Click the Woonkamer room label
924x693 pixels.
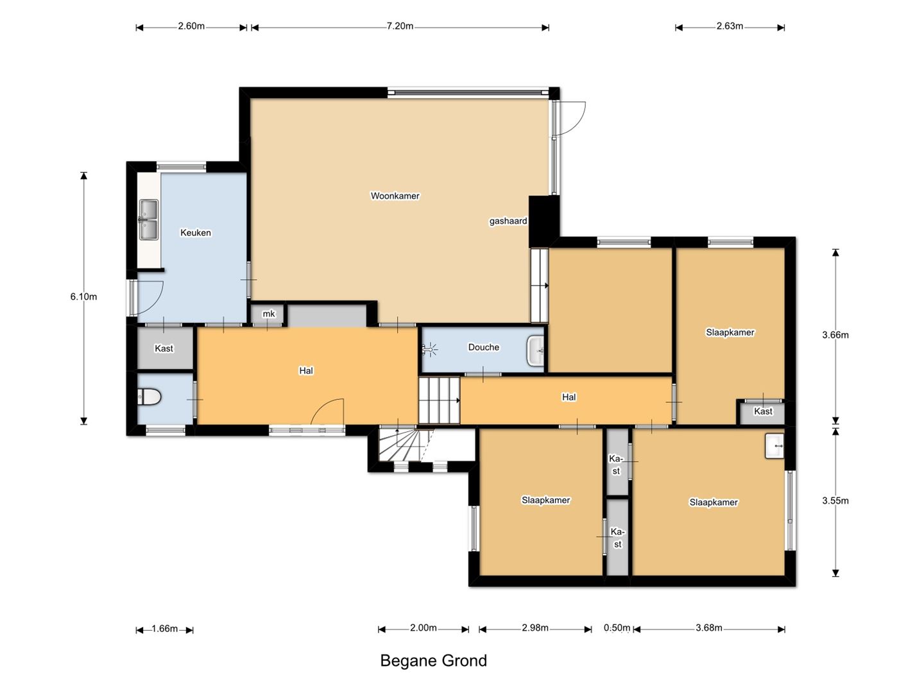pos(395,196)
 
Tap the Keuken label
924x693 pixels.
pos(195,233)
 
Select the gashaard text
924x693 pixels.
pos(508,221)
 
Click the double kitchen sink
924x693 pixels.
pos(149,219)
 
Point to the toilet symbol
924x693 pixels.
pos(149,397)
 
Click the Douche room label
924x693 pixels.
pos(484,347)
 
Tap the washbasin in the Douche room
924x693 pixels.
pos(535,350)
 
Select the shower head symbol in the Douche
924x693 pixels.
pos(430,349)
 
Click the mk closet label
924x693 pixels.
pos(269,314)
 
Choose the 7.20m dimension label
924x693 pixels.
pos(400,26)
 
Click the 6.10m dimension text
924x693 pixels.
pos(83,296)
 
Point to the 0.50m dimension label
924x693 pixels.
pos(617,628)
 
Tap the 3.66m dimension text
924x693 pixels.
pos(835,335)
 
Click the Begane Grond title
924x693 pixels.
pos(434,661)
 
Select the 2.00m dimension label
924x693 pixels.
pos(424,628)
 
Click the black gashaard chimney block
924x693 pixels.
pos(544,222)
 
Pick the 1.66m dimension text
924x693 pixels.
pos(165,629)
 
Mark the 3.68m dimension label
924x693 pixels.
pos(709,628)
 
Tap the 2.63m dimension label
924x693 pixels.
pos(730,26)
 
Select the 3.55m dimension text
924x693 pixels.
pos(835,501)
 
